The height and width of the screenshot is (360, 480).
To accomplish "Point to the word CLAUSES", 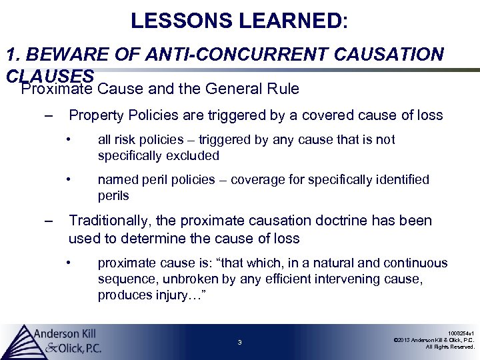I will tap(49, 77).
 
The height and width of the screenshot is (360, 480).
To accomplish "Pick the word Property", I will tap(94, 115).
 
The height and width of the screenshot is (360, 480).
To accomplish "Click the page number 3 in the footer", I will tap(239, 343).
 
